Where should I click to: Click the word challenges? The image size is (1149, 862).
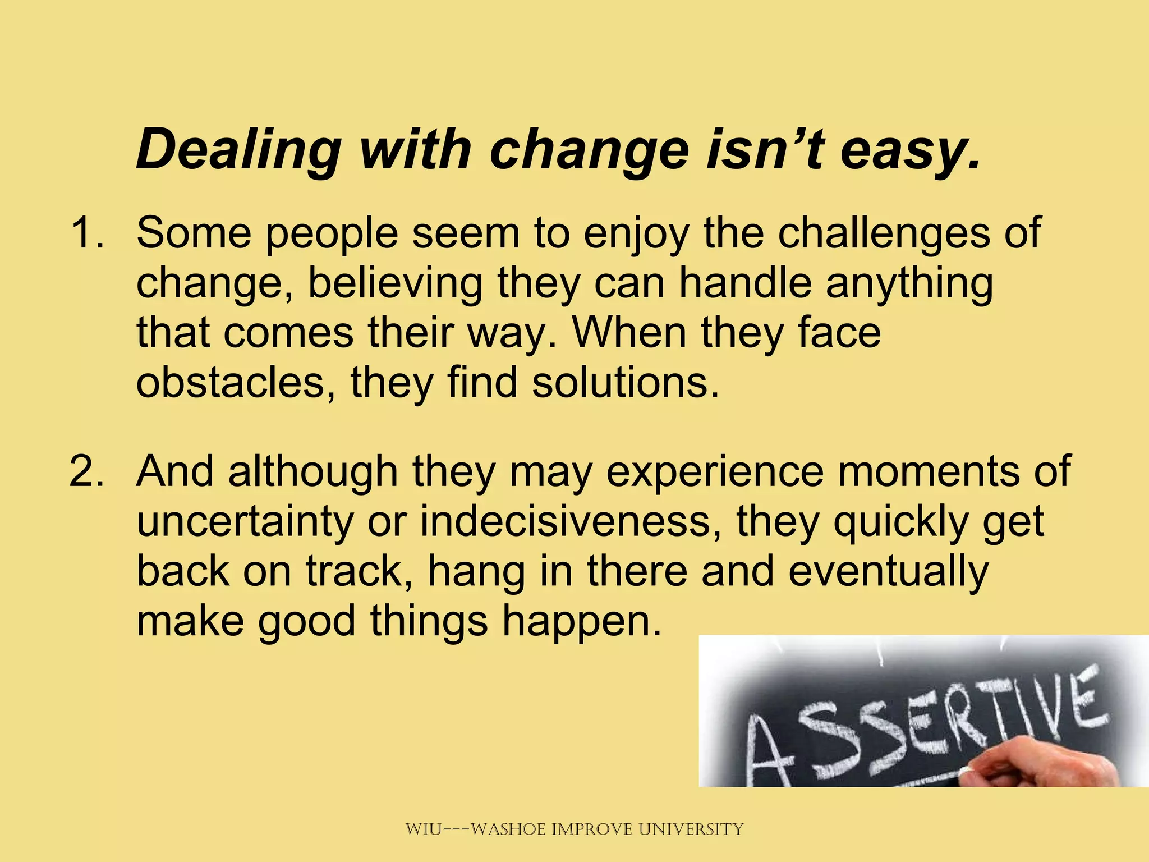pos(884,233)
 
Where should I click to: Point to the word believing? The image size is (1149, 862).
pos(396,283)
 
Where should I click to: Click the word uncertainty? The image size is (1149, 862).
pos(245,522)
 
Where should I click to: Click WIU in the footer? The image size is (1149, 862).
pos(424,829)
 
